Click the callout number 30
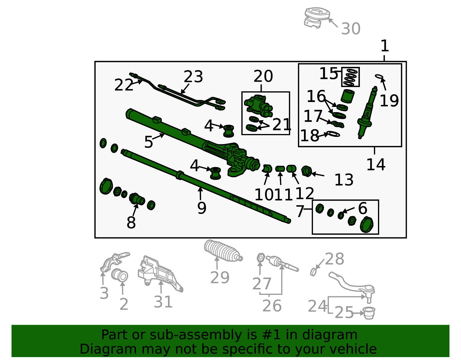coord(351,29)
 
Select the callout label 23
coord(193,77)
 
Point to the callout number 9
coord(201,208)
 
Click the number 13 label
coord(344,180)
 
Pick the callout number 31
coord(163,302)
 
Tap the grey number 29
coord(220,278)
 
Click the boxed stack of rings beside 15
coord(350,77)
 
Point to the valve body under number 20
coord(258,106)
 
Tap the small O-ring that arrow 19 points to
coord(379,76)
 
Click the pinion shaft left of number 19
coord(367,112)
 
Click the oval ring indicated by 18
coord(333,134)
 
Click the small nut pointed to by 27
coord(261,258)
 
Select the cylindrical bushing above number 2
coord(120,275)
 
